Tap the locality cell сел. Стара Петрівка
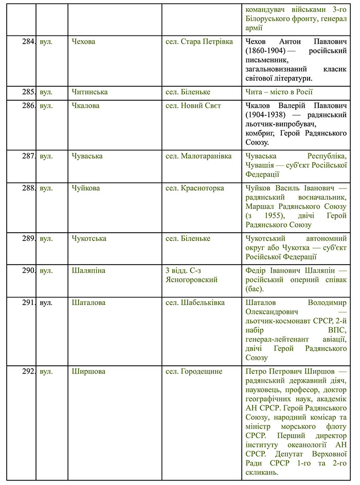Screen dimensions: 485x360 coord(199,42)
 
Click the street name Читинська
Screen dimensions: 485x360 coord(90,92)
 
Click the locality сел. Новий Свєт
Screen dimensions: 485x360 coord(193,106)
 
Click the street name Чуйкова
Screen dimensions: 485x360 coord(86,188)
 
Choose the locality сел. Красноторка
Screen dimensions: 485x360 coord(195,188)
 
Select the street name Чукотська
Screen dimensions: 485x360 coord(89,238)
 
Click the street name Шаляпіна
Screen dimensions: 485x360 coord(89,270)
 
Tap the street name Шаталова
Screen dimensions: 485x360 coord(88,303)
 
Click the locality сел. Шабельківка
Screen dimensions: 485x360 coord(195,303)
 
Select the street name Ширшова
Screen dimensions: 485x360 coord(87,371)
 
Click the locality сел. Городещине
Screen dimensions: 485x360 coord(194,371)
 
